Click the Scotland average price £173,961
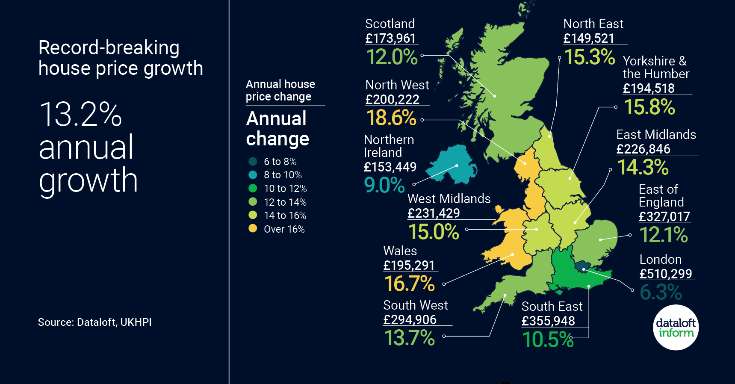pos(390,38)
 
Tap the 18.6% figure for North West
pos(391,118)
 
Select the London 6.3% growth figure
pos(661,292)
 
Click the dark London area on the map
pos(583,267)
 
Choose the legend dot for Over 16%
pos(253,229)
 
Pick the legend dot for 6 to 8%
pos(253,161)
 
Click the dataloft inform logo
pos(676,328)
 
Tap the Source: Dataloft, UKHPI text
pos(95,322)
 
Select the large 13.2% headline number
pos(80,115)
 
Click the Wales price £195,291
pos(409,266)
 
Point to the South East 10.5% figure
pos(548,340)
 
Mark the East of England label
pos(661,195)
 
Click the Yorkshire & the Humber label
pos(655,68)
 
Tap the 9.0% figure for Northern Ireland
pos(384,185)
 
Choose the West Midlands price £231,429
pos(434,213)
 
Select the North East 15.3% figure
pos(589,57)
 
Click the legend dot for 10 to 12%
pos(253,188)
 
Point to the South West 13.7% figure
pos(409,338)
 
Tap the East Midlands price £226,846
pos(643,149)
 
